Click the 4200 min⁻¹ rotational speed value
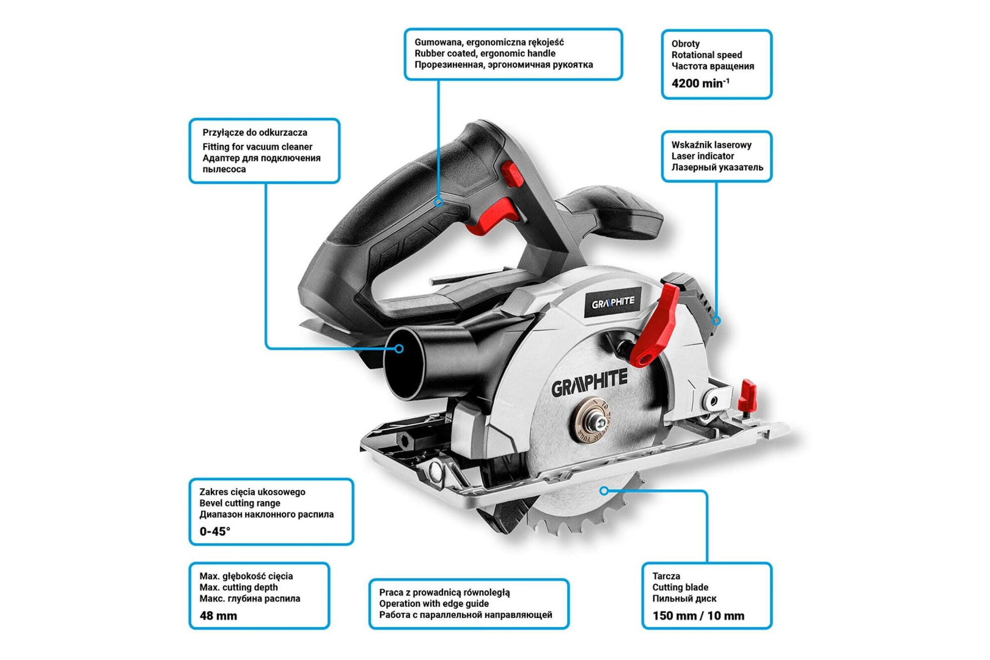click(700, 83)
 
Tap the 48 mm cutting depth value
click(218, 616)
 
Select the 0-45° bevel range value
click(215, 531)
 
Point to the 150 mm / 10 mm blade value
click(698, 616)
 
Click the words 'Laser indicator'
click(702, 156)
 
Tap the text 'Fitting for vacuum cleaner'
click(257, 147)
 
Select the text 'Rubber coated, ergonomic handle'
click(485, 53)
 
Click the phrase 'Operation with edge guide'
click(434, 604)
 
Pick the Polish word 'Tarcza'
click(666, 576)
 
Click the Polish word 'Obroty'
click(685, 44)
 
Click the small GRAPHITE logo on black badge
click(613, 302)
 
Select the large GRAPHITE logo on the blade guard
click(589, 383)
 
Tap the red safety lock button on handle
click(512, 174)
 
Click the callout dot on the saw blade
click(603, 491)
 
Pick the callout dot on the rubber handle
click(438, 202)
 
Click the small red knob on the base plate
click(747, 396)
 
